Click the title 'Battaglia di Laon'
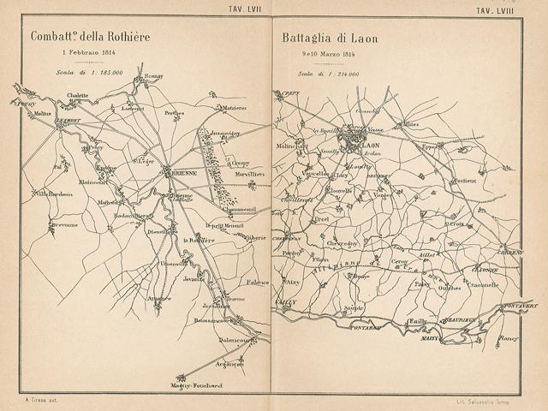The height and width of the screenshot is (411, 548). (330, 39)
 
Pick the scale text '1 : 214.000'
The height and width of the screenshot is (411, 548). (327, 74)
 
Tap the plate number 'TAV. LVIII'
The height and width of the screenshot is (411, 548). (506, 9)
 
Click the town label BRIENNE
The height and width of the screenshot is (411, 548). (181, 170)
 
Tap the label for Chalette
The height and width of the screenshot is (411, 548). (78, 96)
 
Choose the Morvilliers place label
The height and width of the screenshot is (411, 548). (248, 174)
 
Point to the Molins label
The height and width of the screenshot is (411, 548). (44, 113)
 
